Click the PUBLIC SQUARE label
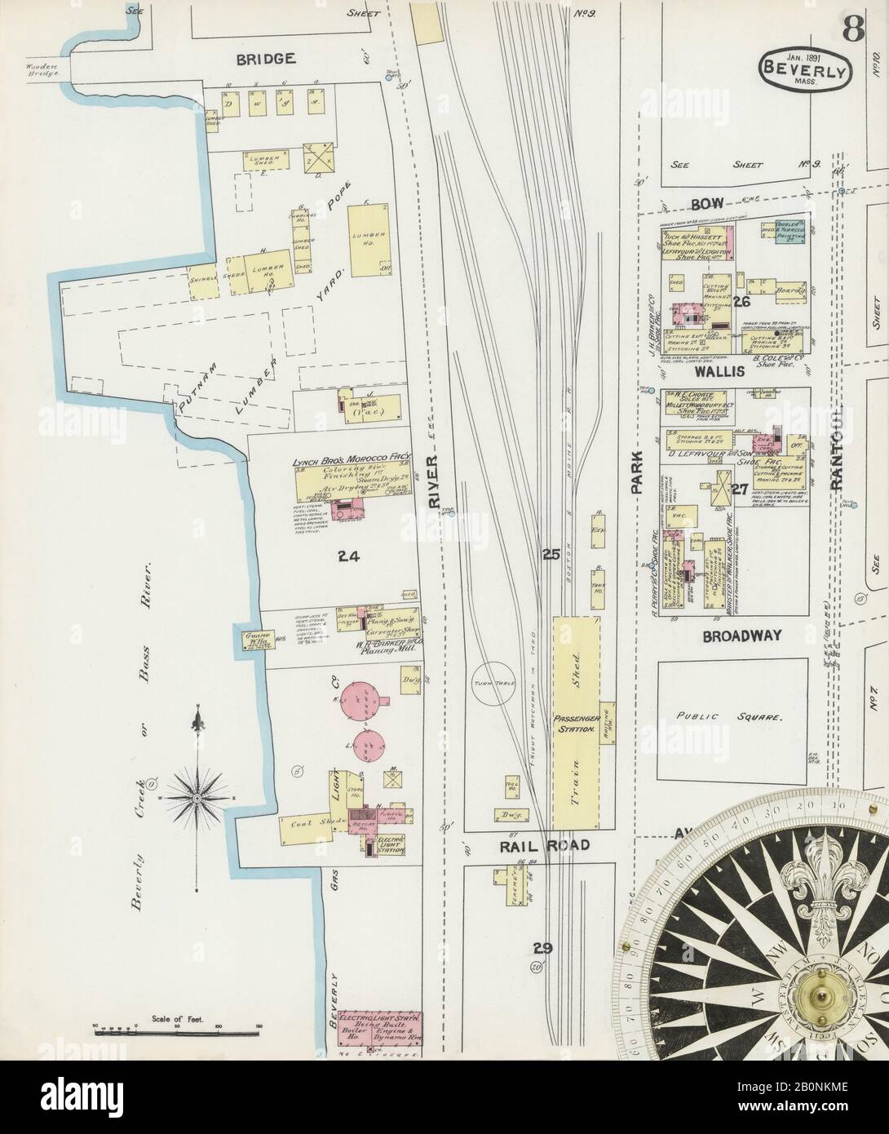731,717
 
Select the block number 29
543,947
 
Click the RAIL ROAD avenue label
543,845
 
